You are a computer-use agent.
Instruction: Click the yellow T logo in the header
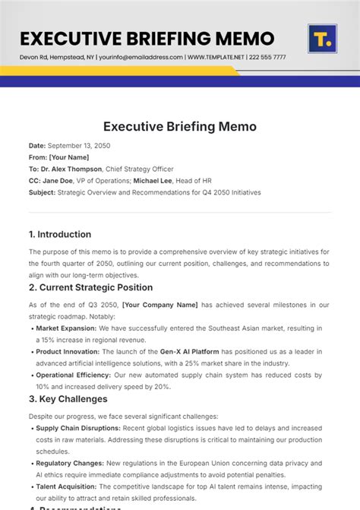322,39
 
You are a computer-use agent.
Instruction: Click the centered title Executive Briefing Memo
179,127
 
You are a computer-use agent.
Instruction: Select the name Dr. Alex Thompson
73,169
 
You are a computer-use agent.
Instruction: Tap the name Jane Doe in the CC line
58,181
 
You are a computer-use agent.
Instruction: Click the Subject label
42,193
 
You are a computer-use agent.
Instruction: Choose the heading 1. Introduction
60,234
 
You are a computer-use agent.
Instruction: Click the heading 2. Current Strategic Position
90,287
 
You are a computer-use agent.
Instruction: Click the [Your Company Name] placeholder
159,305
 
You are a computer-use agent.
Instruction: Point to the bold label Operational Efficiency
76,375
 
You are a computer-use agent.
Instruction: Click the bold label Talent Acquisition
69,487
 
